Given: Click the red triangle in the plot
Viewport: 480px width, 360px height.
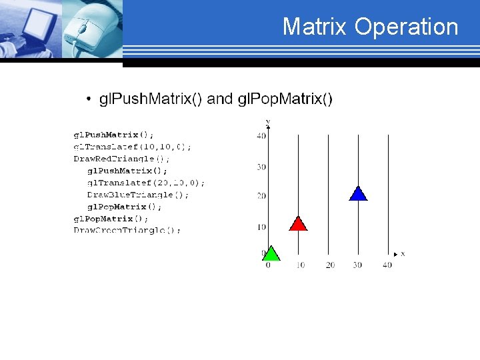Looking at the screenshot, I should [x=298, y=224].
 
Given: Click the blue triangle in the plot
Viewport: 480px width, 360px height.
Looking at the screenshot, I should [x=358, y=193].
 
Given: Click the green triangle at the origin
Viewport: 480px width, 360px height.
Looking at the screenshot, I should [x=271, y=253].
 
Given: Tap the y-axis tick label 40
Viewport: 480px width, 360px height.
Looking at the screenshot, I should [x=261, y=136].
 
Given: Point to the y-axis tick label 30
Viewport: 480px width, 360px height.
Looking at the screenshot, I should [x=261, y=167].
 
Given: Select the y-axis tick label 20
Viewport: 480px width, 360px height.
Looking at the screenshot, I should [x=261, y=196].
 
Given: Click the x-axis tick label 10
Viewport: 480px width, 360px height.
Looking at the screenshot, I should [x=301, y=265].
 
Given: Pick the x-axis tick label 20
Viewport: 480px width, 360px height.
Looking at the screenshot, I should [x=330, y=265].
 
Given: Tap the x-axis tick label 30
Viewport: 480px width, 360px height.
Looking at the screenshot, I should [x=357, y=265].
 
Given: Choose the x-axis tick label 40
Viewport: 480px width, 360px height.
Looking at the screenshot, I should [x=387, y=265].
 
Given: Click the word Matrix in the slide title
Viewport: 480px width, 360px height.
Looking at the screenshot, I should [x=315, y=27].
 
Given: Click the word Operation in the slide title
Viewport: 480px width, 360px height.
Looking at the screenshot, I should [x=406, y=27].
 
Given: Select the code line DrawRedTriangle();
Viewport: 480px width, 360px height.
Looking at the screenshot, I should [x=121, y=159].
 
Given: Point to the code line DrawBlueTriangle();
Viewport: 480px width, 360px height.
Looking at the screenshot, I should [x=138, y=195].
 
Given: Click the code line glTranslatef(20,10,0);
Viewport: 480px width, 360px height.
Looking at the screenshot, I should [x=146, y=183].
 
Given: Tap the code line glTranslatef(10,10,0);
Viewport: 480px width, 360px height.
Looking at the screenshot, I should [x=132, y=147].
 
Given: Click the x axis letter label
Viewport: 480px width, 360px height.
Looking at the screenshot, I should [x=403, y=254].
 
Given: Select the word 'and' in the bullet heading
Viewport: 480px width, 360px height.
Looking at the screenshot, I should [x=220, y=99].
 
